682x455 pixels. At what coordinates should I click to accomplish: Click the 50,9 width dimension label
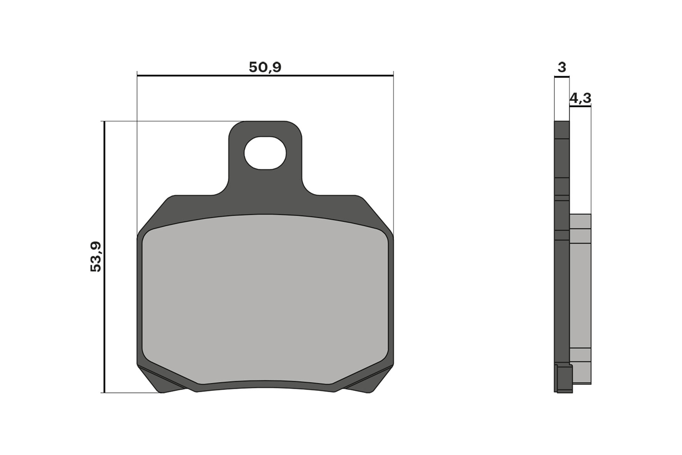265,67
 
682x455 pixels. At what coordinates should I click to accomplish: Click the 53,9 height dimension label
96,257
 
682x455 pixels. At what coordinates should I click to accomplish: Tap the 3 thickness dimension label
562,67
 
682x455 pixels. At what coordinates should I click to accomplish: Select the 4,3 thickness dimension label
580,99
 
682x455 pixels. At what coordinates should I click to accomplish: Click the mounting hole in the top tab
265,153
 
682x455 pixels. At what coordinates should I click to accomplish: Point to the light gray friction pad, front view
265,300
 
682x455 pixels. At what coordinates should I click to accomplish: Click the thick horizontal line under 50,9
265,75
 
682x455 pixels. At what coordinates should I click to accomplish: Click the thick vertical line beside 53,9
104,257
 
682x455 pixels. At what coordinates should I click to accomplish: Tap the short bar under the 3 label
562,77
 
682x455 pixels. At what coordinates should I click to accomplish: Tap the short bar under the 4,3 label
580,107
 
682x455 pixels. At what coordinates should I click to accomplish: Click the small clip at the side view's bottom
565,379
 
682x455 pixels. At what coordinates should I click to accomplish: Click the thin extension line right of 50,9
393,154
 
